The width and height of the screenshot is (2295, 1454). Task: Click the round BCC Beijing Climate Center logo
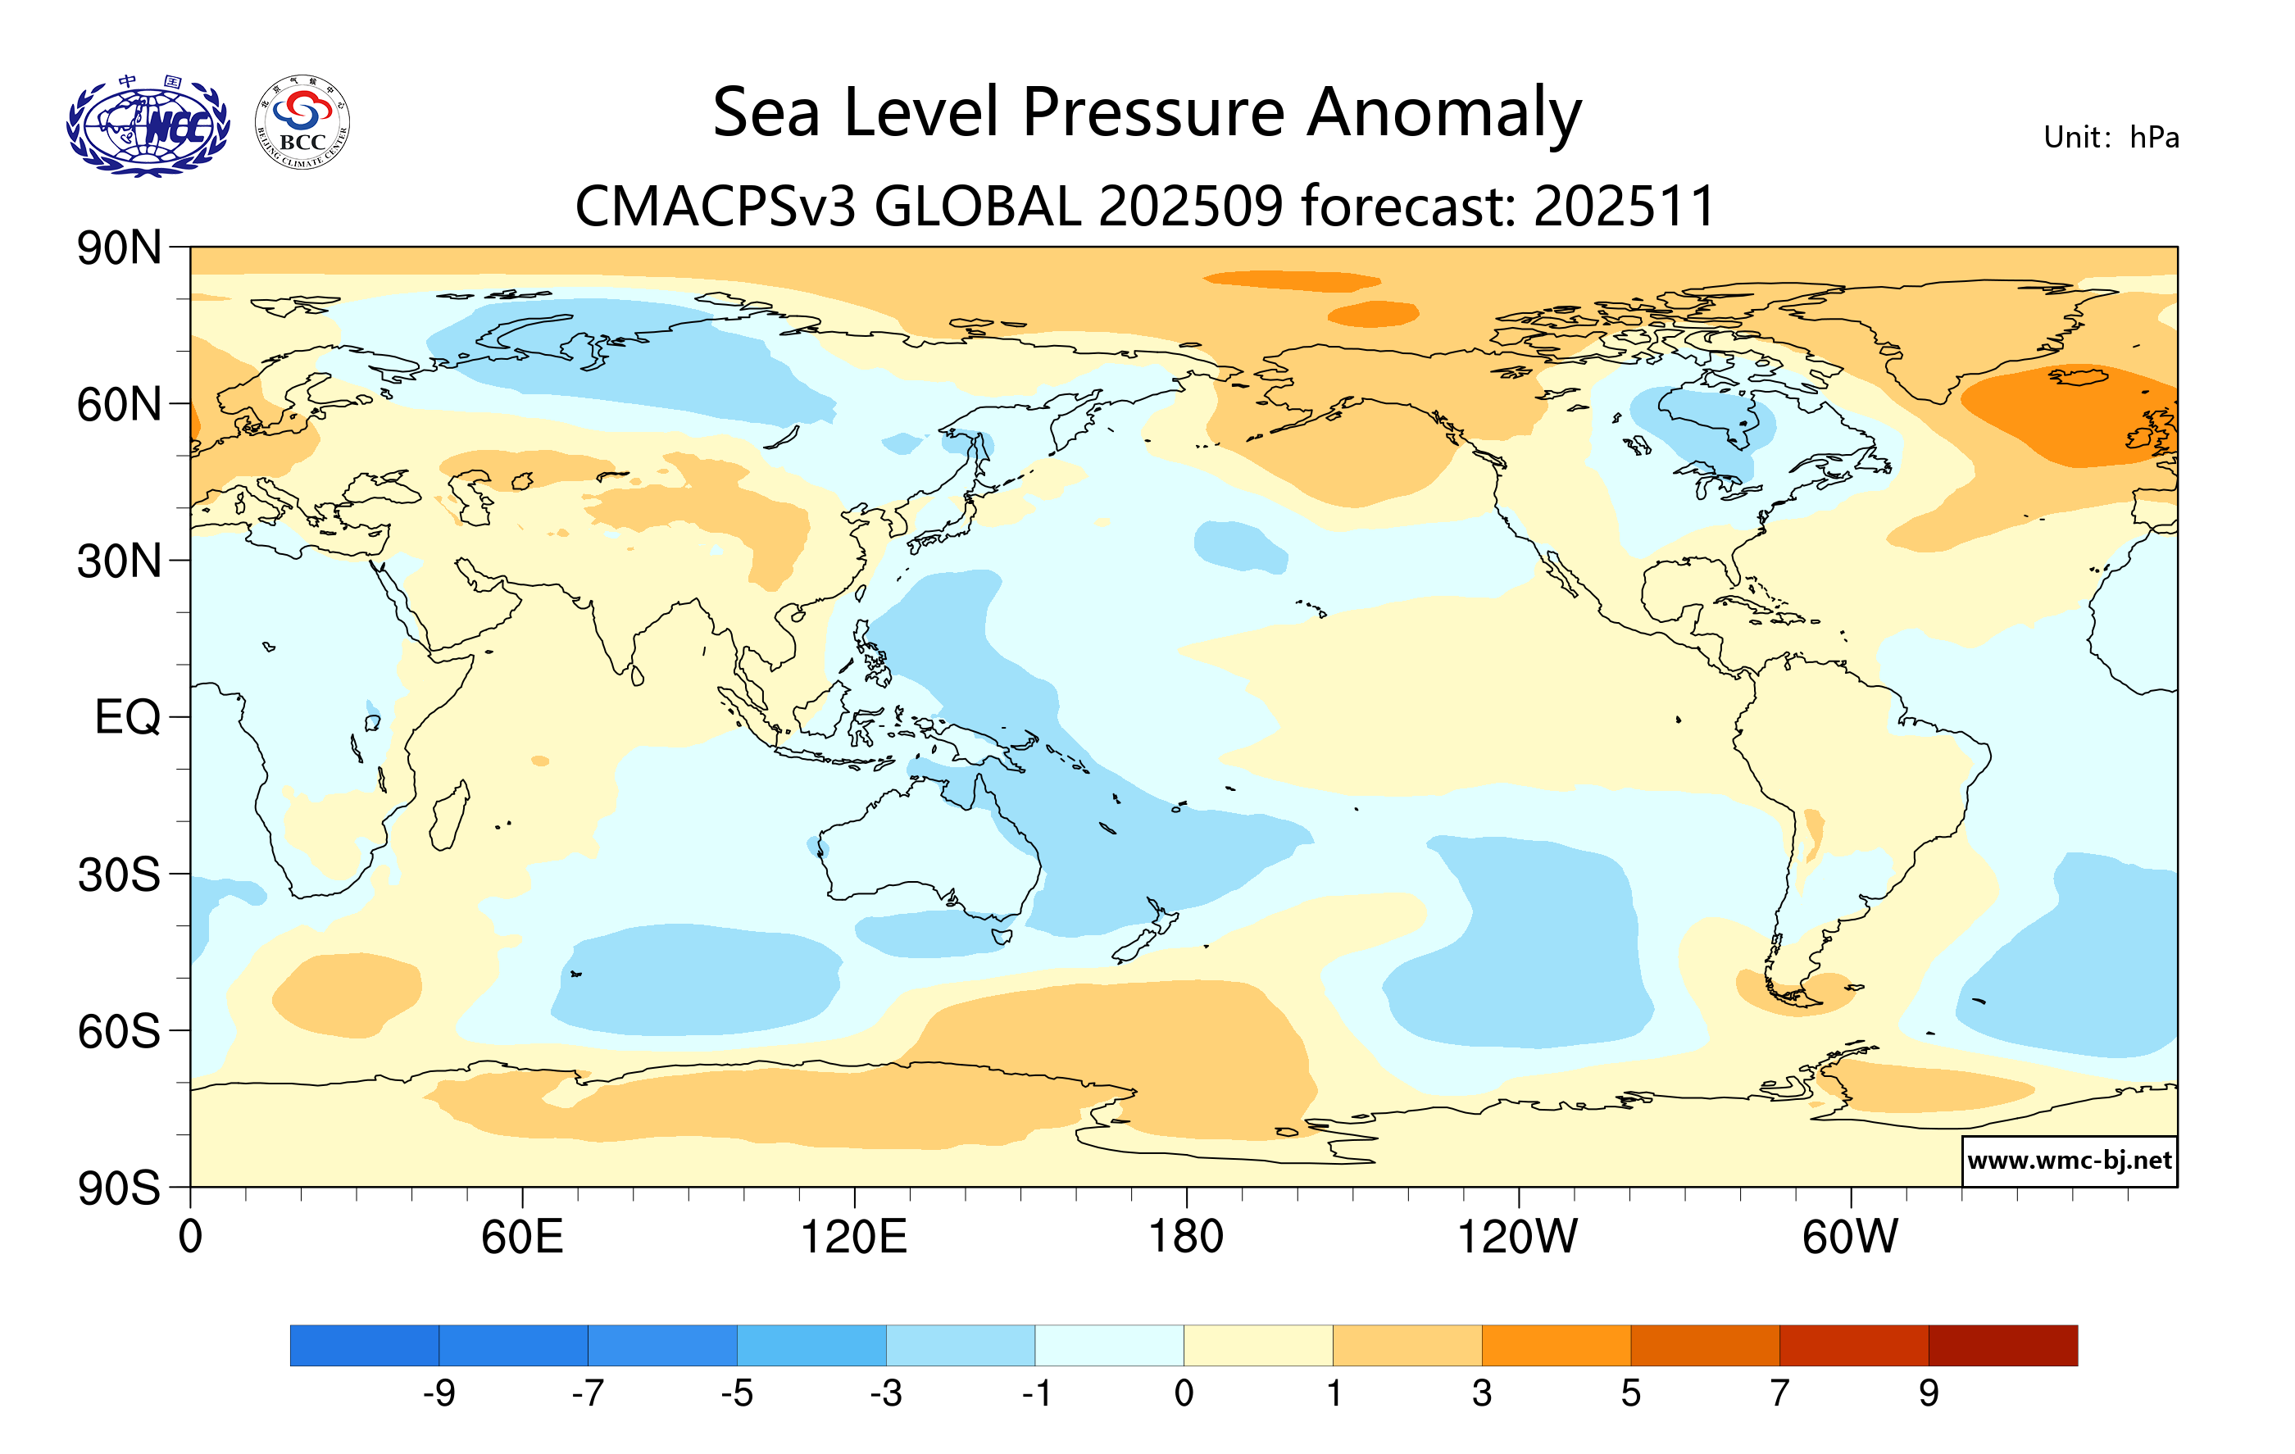pyautogui.click(x=302, y=123)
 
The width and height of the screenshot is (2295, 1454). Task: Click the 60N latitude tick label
pyautogui.click(x=118, y=405)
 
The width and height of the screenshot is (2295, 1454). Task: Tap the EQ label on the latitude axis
pyautogui.click(x=127, y=717)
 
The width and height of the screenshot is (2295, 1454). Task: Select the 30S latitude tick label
pyautogui.click(x=118, y=875)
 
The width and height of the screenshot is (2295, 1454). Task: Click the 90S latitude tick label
pyautogui.click(x=118, y=1188)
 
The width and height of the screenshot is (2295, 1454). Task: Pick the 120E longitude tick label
pyautogui.click(x=853, y=1238)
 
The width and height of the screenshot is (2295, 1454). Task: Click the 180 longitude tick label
pyautogui.click(x=1186, y=1238)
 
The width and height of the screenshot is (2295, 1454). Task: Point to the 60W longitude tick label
pyautogui.click(x=1850, y=1238)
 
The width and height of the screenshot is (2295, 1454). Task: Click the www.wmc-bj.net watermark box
pyautogui.click(x=2068, y=1161)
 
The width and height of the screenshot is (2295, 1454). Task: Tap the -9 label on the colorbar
pyautogui.click(x=439, y=1394)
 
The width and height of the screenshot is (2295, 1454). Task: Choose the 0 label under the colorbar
pyautogui.click(x=1184, y=1394)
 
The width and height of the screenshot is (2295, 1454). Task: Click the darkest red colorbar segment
pyautogui.click(x=2002, y=1344)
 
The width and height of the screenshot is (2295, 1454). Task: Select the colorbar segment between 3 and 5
pyautogui.click(x=1556, y=1344)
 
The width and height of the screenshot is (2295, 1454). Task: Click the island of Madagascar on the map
pyautogui.click(x=448, y=816)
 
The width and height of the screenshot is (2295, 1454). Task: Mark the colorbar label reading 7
pyautogui.click(x=1779, y=1394)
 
